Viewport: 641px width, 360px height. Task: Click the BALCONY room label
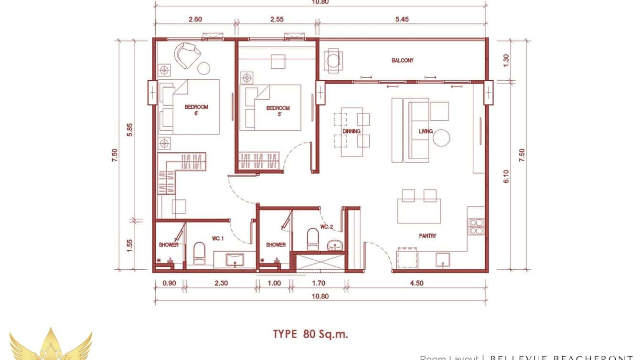(x=402, y=61)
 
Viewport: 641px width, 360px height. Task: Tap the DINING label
(x=351, y=131)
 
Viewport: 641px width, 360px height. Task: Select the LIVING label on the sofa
(x=425, y=131)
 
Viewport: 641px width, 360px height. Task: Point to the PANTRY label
(x=427, y=236)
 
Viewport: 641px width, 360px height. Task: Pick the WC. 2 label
(x=326, y=227)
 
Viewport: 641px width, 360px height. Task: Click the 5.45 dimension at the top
(x=402, y=20)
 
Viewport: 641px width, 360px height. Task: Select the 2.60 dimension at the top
(x=195, y=20)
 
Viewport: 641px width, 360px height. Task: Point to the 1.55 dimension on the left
(x=129, y=245)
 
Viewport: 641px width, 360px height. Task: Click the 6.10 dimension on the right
(x=506, y=178)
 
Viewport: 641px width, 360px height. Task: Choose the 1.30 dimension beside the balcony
(x=506, y=60)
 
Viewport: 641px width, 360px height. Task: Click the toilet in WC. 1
(x=199, y=253)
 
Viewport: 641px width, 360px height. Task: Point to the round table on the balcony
(x=332, y=61)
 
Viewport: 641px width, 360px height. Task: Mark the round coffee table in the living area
(x=441, y=138)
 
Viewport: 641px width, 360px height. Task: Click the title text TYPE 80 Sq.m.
(x=310, y=334)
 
